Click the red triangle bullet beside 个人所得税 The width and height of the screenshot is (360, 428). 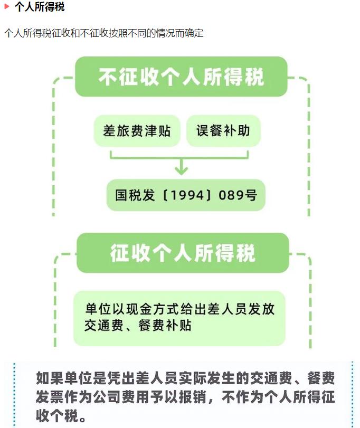(x=7, y=7)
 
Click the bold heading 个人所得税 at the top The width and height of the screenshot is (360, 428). (x=40, y=7)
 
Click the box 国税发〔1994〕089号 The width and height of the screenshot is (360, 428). (x=186, y=195)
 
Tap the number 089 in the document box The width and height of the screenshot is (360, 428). (x=230, y=196)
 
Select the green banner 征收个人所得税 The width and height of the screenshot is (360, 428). (x=183, y=253)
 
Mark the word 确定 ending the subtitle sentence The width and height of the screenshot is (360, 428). (x=193, y=33)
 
